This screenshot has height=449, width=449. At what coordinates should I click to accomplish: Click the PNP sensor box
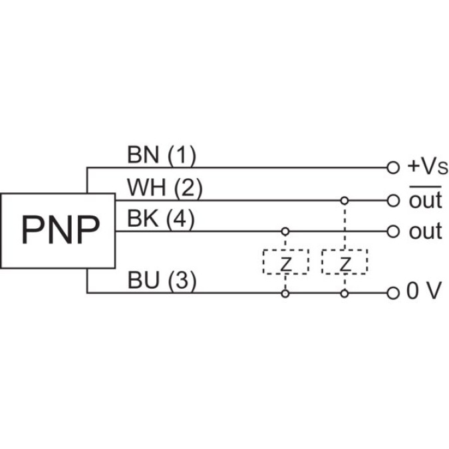[58, 231]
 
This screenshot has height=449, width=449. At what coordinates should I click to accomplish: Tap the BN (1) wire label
[161, 156]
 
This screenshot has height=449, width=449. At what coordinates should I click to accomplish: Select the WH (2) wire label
[164, 188]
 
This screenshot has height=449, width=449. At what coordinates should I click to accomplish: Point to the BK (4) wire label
[161, 220]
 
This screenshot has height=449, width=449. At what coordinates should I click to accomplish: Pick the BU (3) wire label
[162, 281]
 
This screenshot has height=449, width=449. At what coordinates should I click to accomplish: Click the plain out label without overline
[425, 231]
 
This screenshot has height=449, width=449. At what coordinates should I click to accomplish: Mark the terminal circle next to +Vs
[393, 168]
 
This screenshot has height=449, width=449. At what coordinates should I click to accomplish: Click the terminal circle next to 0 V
[393, 293]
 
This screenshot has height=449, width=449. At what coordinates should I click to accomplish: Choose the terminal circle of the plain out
[393, 231]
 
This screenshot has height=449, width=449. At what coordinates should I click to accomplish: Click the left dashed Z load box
[285, 262]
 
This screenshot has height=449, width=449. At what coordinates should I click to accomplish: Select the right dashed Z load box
[344, 262]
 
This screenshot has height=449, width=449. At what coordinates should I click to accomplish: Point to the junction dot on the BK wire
[285, 231]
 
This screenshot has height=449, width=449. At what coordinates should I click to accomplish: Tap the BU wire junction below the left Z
[285, 293]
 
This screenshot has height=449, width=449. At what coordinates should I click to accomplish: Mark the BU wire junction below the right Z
[344, 293]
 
